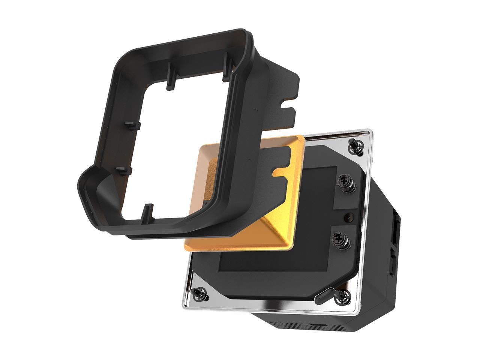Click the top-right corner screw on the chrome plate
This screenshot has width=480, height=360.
pos(354,145)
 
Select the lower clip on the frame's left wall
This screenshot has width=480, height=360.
pos(124,171)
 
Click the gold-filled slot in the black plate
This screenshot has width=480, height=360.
pos(283,172)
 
